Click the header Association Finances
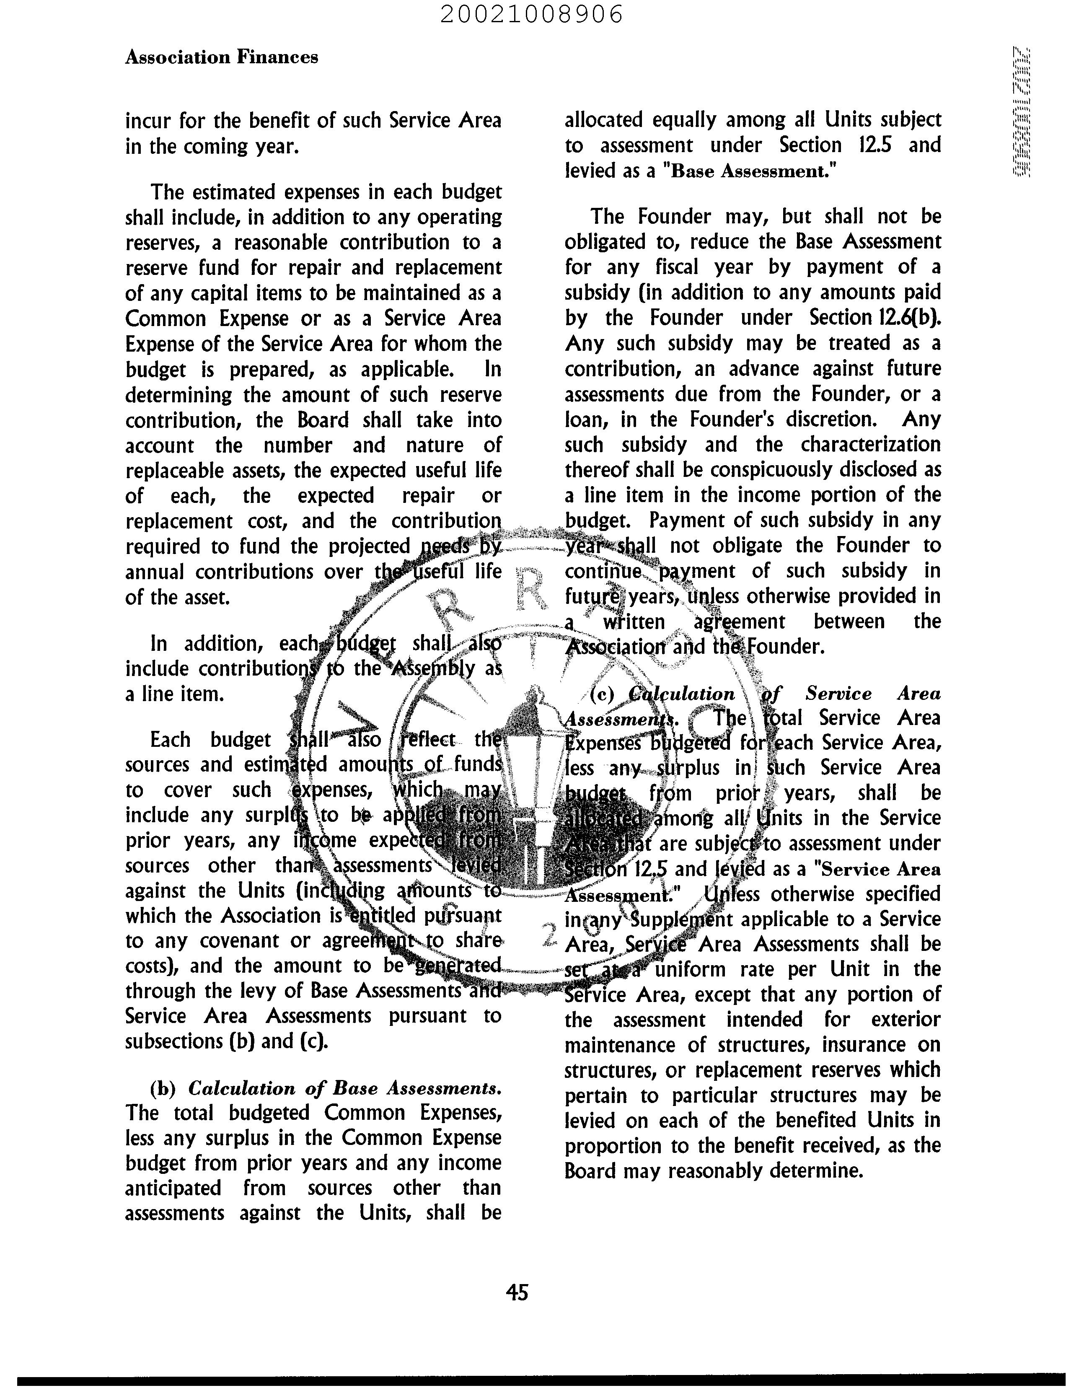pyautogui.click(x=221, y=57)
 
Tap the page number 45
pyautogui.click(x=517, y=1292)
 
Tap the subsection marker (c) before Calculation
pyautogui.click(x=602, y=694)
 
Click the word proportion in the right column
pyautogui.click(x=604, y=1145)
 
